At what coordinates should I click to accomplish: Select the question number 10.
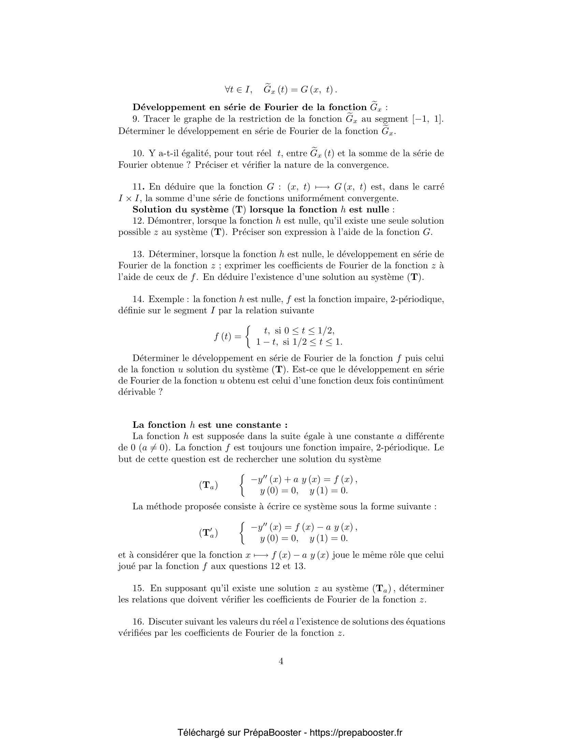click(x=138, y=153)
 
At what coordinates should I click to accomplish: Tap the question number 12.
click(x=138, y=221)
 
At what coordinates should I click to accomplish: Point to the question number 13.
click(x=138, y=254)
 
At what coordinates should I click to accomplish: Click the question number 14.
click(x=138, y=299)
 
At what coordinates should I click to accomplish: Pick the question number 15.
click(x=138, y=588)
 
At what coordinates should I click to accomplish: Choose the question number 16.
click(x=138, y=622)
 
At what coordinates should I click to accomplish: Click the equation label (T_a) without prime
click(x=208, y=485)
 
